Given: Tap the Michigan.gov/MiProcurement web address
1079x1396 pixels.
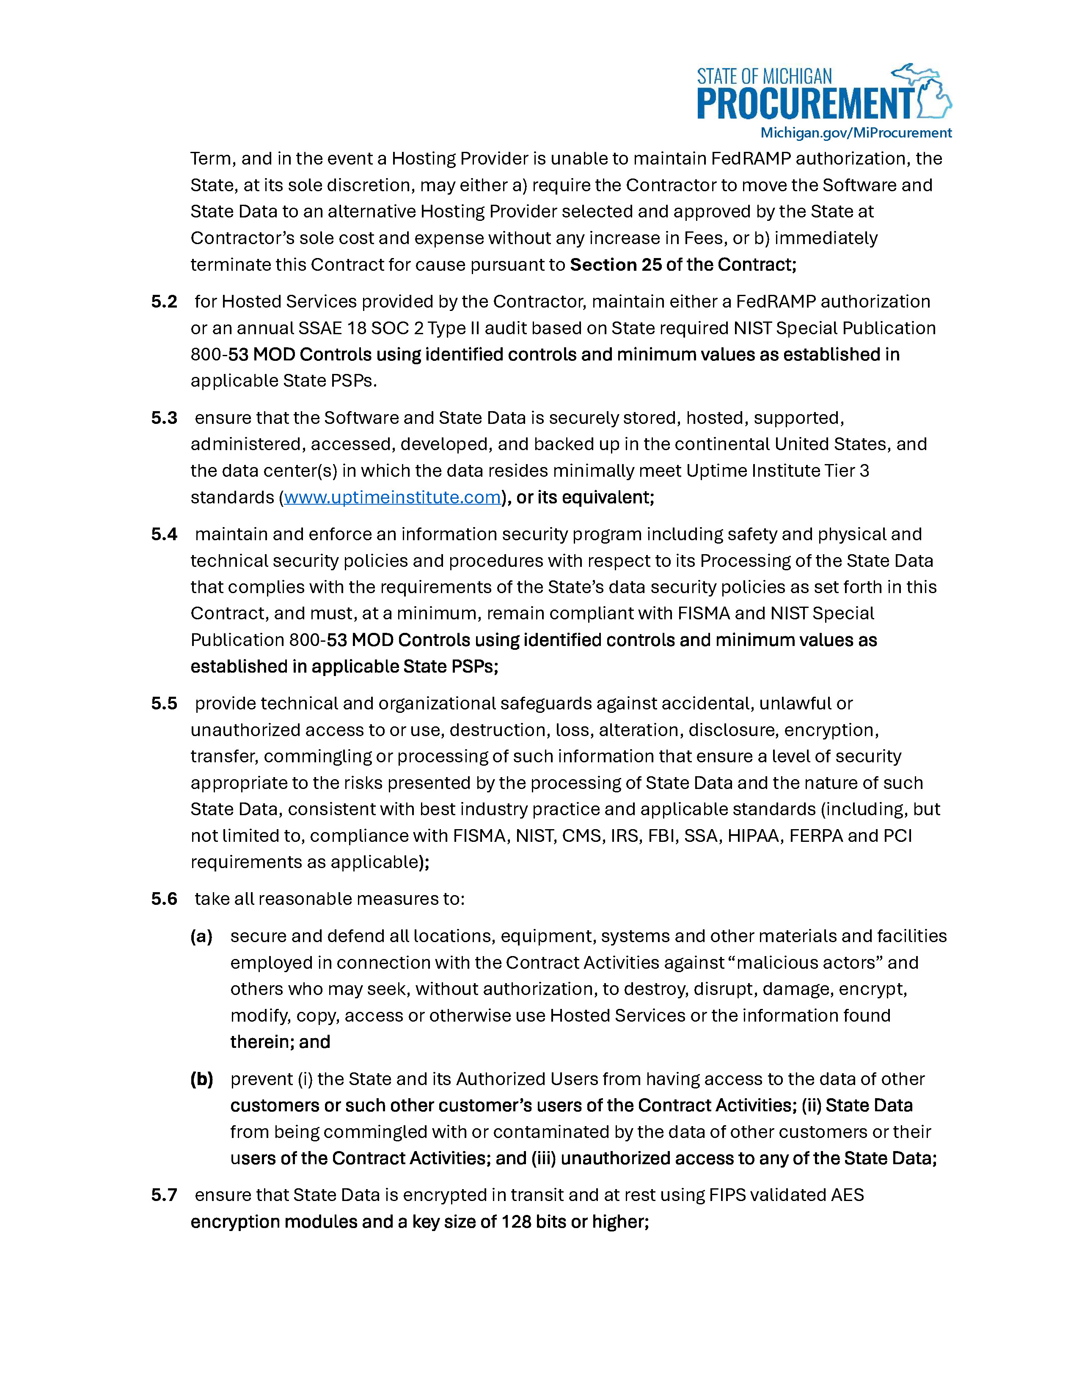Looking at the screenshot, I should tap(856, 133).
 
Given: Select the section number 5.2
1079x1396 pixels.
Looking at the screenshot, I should tap(164, 302).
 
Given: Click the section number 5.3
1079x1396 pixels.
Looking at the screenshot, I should tap(164, 418).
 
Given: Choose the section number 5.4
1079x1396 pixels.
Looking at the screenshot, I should tap(164, 534).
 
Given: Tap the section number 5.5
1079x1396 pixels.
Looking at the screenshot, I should tap(164, 704).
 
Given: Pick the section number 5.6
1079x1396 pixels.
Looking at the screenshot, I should tap(164, 899).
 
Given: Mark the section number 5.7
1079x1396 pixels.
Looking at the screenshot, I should tap(164, 1195).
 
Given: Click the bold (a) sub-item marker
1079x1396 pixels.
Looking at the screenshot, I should tap(201, 937).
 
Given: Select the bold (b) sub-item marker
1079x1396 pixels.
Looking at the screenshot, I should tap(201, 1080).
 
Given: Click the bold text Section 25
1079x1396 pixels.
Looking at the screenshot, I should tap(616, 265).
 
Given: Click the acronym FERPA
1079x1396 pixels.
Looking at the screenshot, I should tap(816, 836).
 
